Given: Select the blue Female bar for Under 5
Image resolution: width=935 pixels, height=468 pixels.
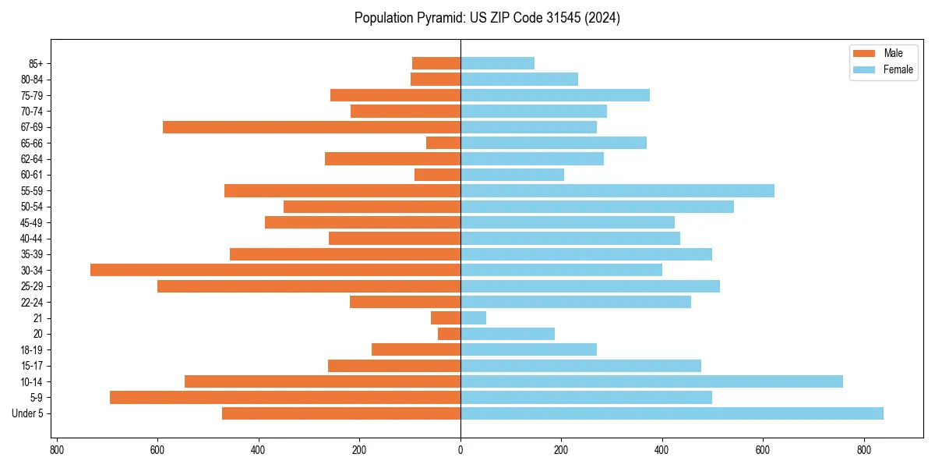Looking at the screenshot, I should (x=672, y=413).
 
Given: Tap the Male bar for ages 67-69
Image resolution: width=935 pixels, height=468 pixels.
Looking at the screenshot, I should (x=312, y=127).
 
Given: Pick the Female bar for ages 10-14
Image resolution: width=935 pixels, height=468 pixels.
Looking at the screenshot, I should (x=651, y=381).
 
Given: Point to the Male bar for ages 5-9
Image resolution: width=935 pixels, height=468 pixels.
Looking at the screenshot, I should (x=285, y=397).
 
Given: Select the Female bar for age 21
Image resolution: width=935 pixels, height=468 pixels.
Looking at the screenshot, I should (x=474, y=317).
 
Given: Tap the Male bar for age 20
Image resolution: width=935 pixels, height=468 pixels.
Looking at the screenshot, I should (x=450, y=334).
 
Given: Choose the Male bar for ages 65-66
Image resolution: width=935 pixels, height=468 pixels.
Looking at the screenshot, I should (x=443, y=143).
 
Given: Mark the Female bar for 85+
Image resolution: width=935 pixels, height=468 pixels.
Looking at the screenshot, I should (x=497, y=63).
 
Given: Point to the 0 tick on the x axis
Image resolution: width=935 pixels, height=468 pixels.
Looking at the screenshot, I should (x=460, y=450).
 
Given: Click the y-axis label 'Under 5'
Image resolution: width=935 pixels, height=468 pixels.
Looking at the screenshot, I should (x=28, y=413).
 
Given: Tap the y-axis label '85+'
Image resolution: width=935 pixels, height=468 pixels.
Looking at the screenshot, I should (x=35, y=63).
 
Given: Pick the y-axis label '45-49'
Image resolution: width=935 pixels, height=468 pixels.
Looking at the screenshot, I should (x=32, y=222).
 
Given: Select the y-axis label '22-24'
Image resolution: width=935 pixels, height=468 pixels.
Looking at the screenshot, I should (x=32, y=302).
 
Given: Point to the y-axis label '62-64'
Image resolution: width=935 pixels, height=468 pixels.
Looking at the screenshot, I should (x=32, y=159).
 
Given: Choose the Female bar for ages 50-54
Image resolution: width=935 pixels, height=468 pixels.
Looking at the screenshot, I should (x=597, y=207).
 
